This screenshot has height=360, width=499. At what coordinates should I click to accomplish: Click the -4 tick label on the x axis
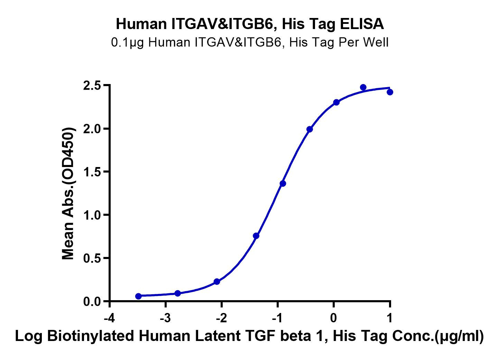(110, 318)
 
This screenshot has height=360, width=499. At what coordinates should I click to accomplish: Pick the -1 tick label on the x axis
(277, 318)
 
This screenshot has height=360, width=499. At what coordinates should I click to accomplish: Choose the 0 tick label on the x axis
(334, 318)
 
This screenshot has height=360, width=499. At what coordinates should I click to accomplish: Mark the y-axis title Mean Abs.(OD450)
(68, 194)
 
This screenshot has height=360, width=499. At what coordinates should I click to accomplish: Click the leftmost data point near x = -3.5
(138, 296)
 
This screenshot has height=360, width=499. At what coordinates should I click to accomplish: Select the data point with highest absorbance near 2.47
(363, 87)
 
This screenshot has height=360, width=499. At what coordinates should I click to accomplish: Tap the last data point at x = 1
(390, 92)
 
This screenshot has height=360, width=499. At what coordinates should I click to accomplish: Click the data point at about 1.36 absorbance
(283, 183)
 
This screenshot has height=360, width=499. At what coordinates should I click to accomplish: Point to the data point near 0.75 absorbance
(256, 236)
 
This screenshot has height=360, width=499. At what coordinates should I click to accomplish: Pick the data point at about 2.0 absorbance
(309, 129)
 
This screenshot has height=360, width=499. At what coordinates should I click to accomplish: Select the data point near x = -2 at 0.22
(217, 281)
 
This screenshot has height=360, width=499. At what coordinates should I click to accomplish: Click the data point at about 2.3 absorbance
(336, 102)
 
